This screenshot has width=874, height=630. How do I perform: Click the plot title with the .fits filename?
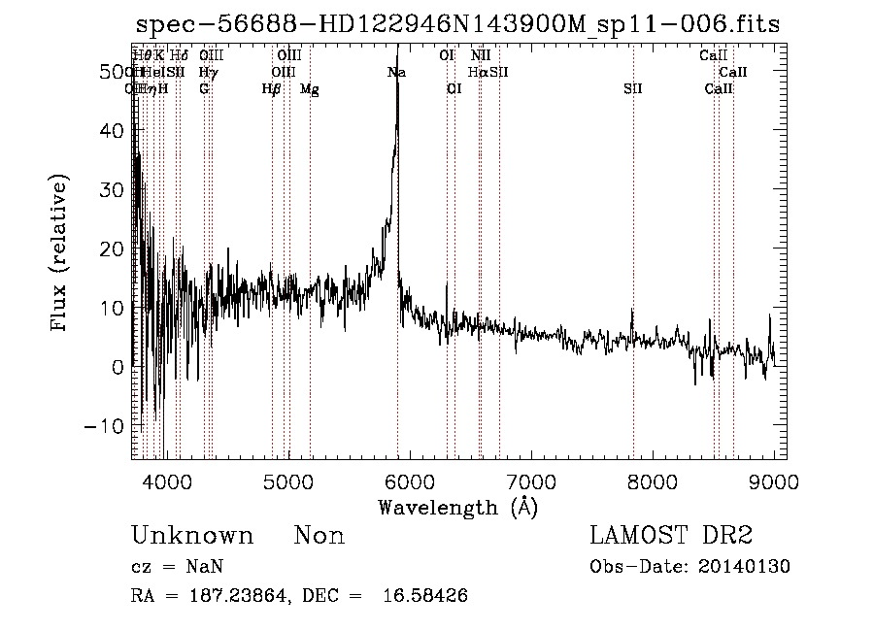click(457, 24)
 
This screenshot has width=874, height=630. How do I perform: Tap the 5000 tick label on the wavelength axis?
click(287, 481)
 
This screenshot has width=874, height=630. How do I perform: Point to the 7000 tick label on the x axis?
click(531, 481)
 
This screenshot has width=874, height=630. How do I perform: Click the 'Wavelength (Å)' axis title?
click(457, 507)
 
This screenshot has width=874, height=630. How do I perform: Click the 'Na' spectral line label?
click(396, 73)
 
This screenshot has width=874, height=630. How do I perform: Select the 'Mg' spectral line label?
click(309, 89)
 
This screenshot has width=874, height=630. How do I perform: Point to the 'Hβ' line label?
click(272, 89)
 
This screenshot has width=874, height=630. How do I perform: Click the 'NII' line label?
click(481, 56)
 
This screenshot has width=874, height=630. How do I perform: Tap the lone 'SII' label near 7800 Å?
click(633, 89)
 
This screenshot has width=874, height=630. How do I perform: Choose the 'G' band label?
click(204, 89)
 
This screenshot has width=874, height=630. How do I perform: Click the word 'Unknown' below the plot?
click(192, 536)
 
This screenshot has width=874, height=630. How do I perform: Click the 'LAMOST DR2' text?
click(671, 536)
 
